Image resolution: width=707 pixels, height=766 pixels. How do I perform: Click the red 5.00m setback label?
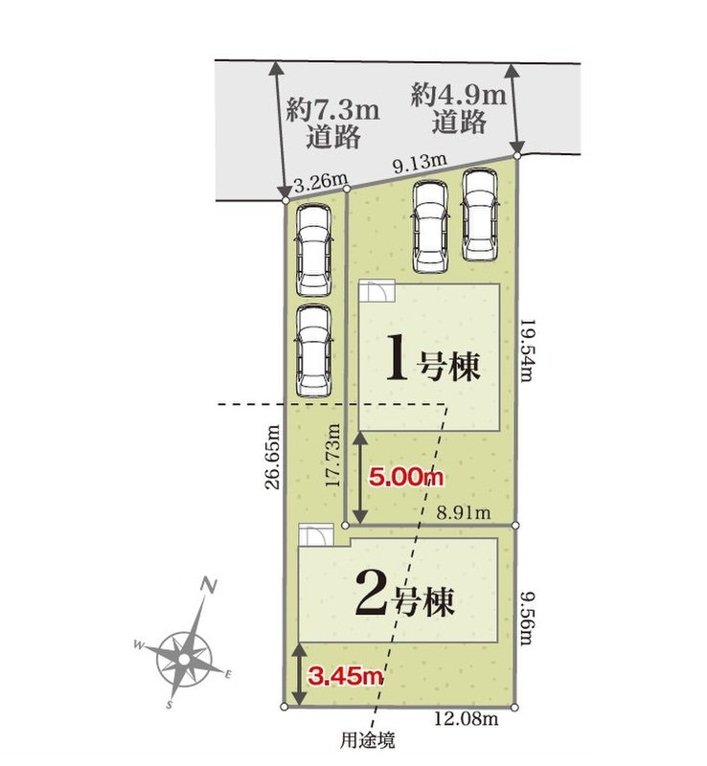pyautogui.click(x=406, y=476)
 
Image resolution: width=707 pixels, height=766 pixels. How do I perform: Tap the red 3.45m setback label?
pyautogui.click(x=345, y=676)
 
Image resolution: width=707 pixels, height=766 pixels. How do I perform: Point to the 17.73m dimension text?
pyautogui.click(x=333, y=455)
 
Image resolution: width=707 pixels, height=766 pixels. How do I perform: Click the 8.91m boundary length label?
pyautogui.click(x=463, y=512)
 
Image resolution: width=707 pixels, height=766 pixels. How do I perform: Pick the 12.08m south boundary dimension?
pyautogui.click(x=467, y=719)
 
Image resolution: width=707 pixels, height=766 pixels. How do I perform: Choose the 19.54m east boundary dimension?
pyautogui.click(x=527, y=351)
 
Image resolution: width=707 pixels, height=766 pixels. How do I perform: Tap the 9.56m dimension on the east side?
pyautogui.click(x=526, y=618)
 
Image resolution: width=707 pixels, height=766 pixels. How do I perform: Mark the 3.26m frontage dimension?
pyautogui.click(x=320, y=183)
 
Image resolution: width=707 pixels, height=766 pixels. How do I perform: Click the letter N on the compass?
pyautogui.click(x=209, y=585)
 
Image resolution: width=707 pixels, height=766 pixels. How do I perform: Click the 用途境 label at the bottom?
pyautogui.click(x=367, y=740)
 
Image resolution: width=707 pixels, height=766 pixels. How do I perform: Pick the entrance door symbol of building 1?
pyautogui.click(x=376, y=292)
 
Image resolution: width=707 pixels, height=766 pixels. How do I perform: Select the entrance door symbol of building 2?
pyautogui.click(x=316, y=535)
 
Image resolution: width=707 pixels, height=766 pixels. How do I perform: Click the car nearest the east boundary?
pyautogui.click(x=481, y=214)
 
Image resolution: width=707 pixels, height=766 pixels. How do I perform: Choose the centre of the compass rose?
pyautogui.click(x=183, y=660)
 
